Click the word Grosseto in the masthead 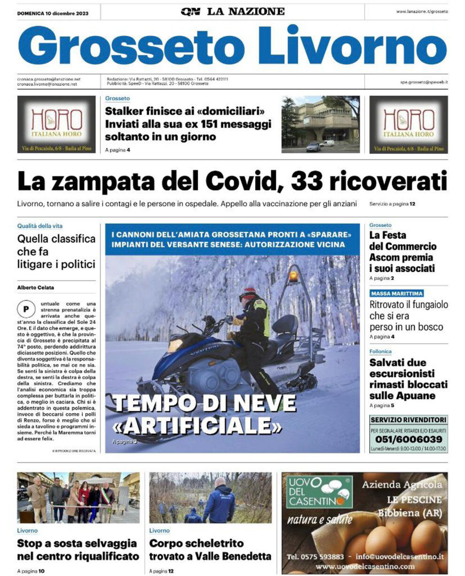click(132, 46)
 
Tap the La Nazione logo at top click(232, 11)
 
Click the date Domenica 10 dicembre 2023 click(53, 13)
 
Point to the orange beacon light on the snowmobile click(293, 275)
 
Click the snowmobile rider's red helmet click(250, 292)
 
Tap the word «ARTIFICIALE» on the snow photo click(198, 425)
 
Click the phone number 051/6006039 click(408, 439)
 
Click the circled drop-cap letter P click(23, 309)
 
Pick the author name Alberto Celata click(36, 287)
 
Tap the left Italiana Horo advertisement click(56, 124)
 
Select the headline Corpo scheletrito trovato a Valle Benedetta click(210, 550)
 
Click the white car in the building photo click(326, 143)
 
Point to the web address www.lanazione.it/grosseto click(422, 12)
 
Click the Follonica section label click(380, 351)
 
